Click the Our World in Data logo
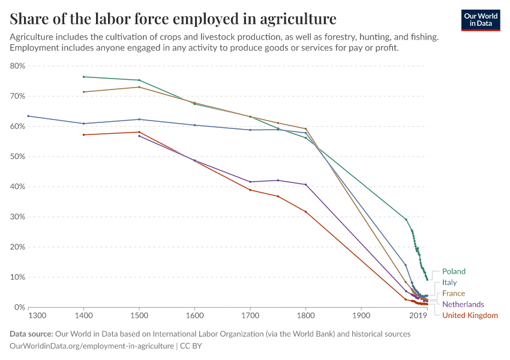coord(481,20)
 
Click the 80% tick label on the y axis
coord(17,66)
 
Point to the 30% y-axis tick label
coord(17,217)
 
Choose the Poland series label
coord(454,271)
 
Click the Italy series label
coord(449,282)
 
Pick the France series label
coord(454,293)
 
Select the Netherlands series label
coord(463,304)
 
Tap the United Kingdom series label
coord(470,315)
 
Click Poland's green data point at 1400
coord(84,77)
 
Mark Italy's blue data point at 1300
coord(28,116)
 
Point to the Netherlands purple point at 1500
coord(139,136)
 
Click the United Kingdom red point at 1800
coord(305,211)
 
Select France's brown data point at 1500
coord(139,87)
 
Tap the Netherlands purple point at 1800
coord(305,184)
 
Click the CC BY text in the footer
coord(192,346)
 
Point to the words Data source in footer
coord(31,334)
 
